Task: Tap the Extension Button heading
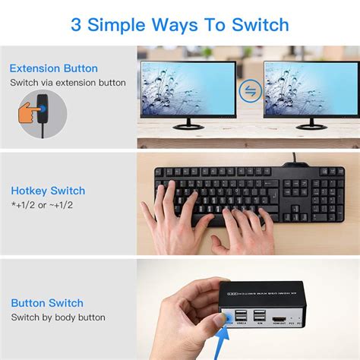tap(54, 68)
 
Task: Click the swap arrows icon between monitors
tap(249, 91)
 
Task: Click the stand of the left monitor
tap(188, 125)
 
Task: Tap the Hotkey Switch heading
tap(48, 191)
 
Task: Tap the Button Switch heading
tap(47, 303)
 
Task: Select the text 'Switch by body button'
tap(58, 317)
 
